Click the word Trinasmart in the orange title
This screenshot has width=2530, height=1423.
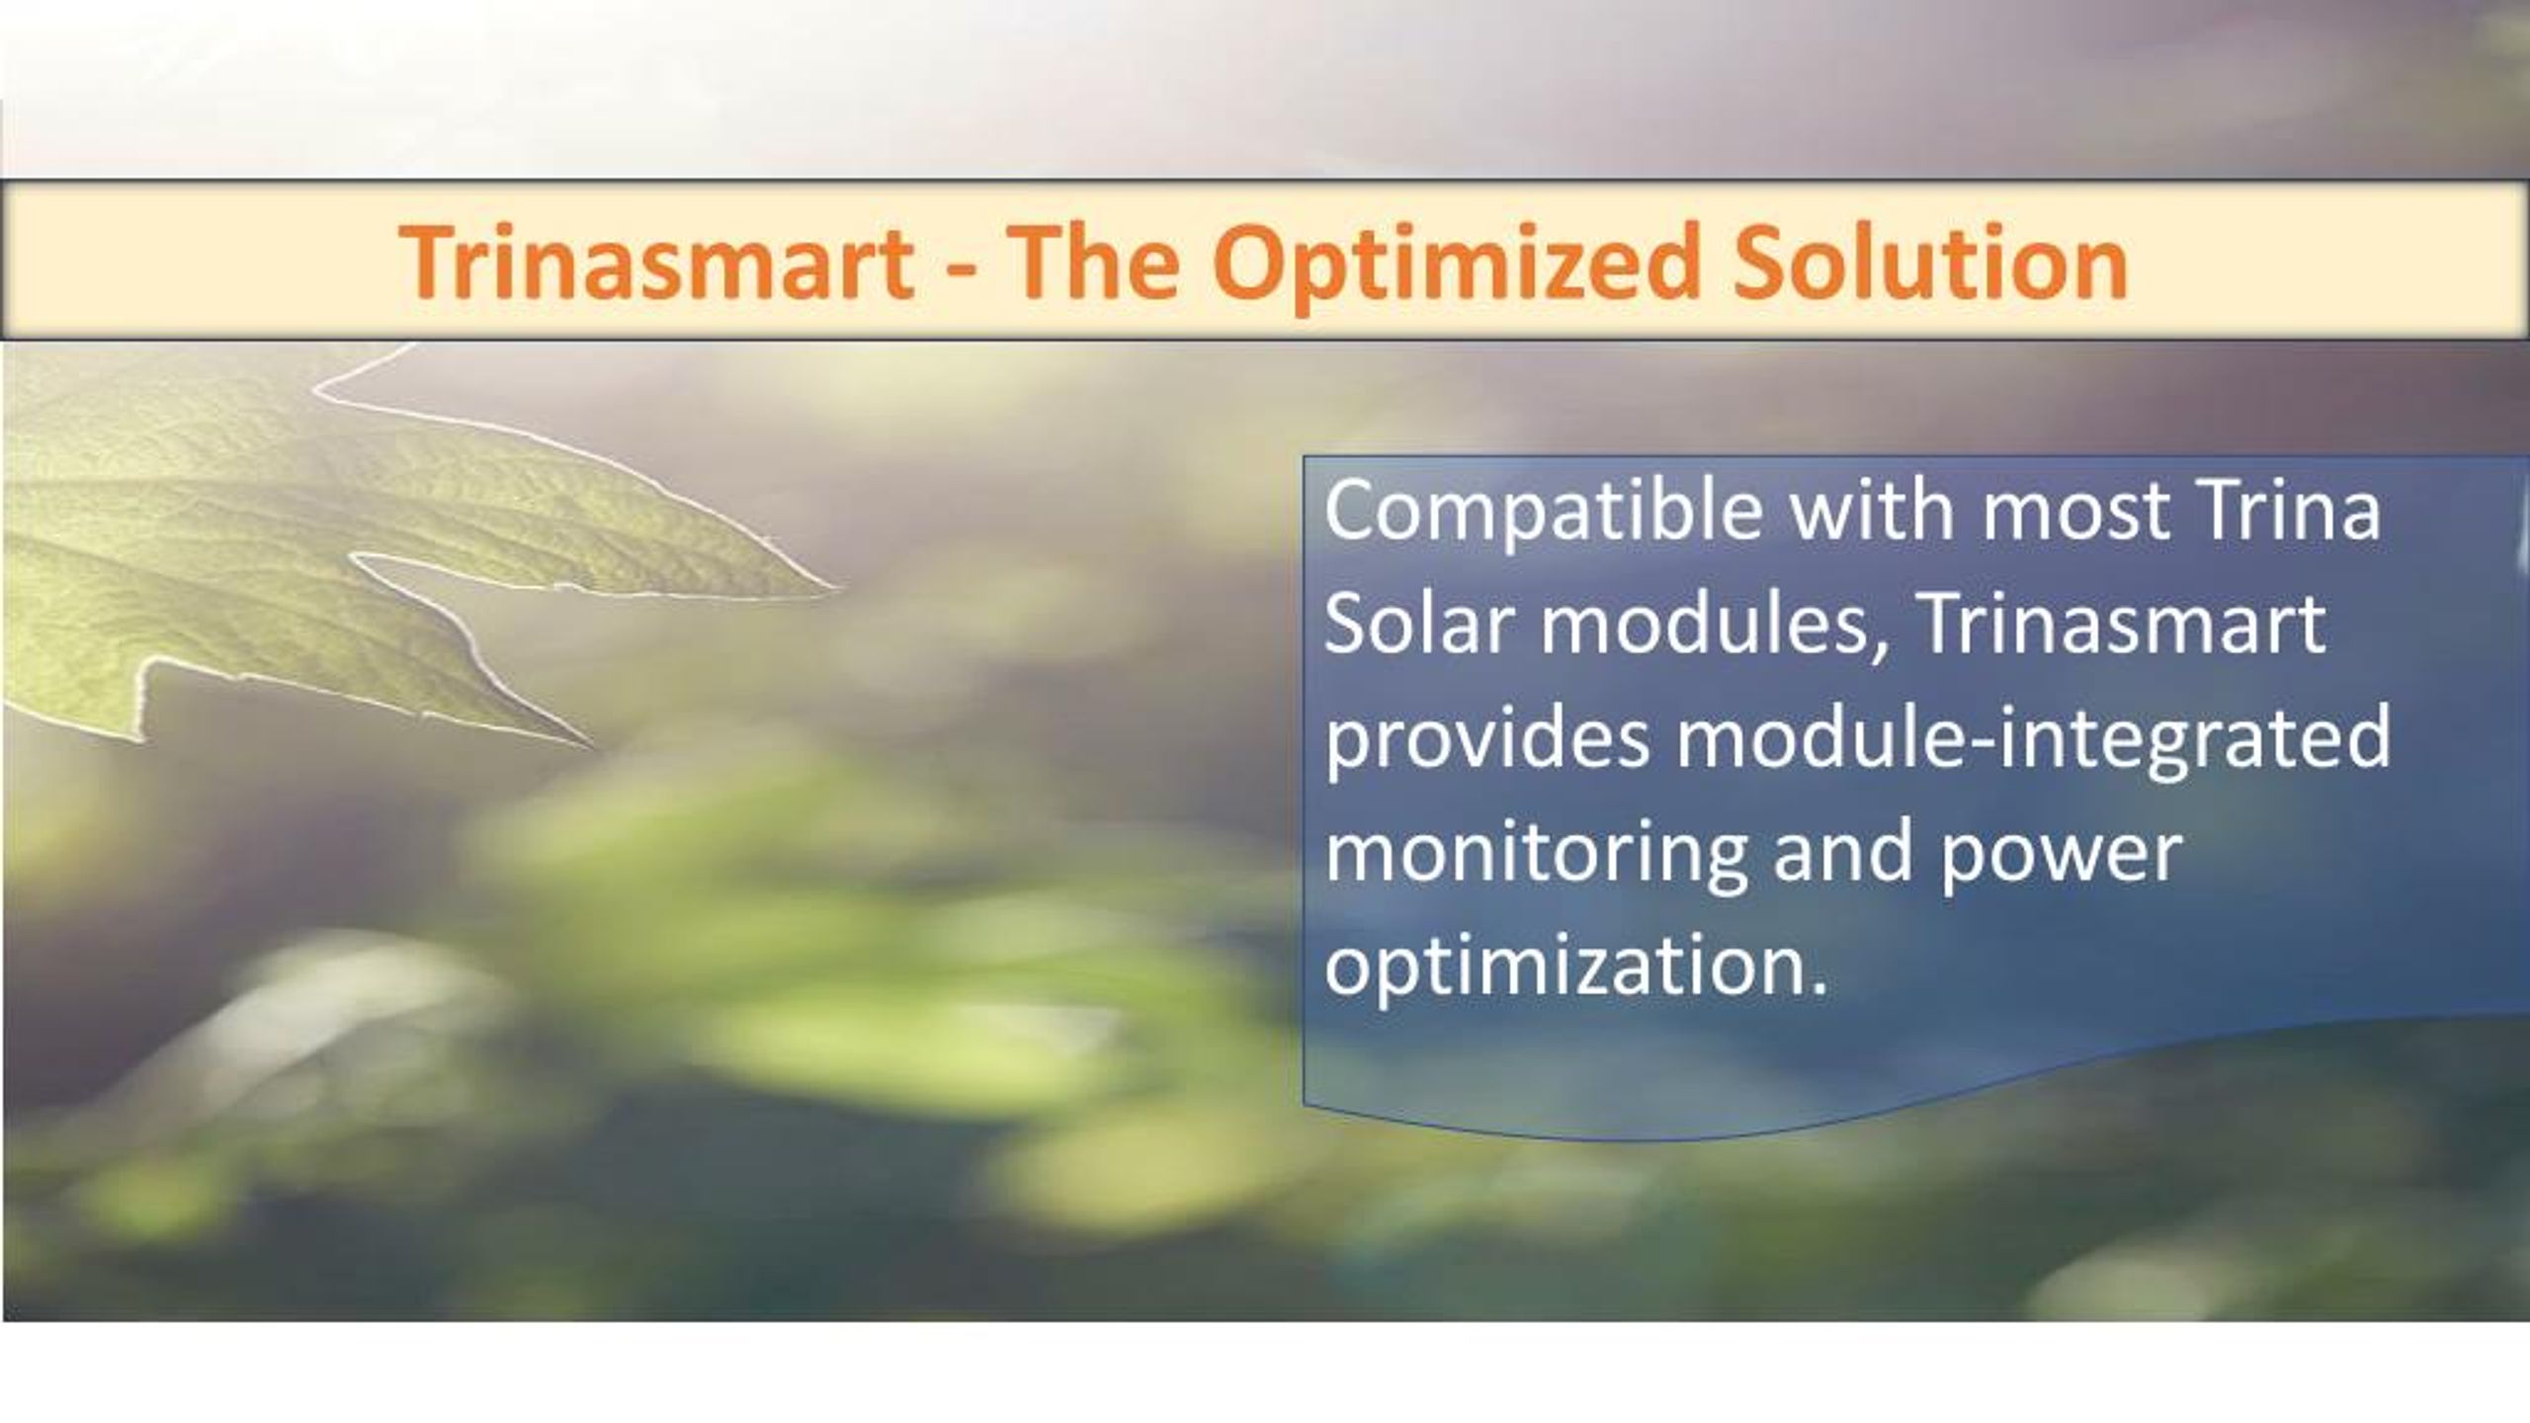pos(657,263)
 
